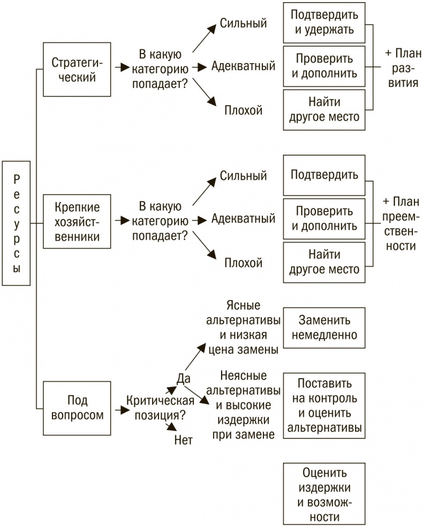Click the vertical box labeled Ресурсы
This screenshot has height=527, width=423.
pos(17,223)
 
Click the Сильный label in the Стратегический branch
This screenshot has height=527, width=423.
pos(243,24)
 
